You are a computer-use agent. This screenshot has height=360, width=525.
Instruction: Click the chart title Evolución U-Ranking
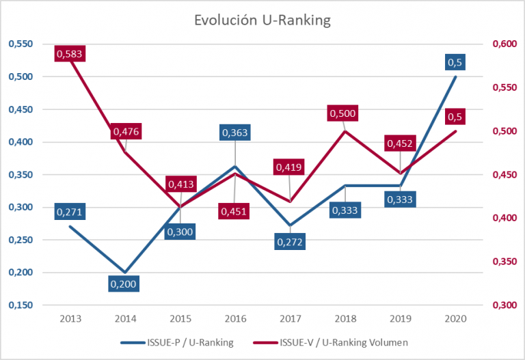point(262,20)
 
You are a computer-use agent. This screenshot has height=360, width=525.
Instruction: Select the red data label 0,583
point(70,53)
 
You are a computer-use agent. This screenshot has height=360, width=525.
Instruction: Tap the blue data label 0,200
point(125,283)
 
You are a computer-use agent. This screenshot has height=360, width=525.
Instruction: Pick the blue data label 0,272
point(291,241)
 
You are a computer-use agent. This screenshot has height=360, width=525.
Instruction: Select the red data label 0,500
point(343,113)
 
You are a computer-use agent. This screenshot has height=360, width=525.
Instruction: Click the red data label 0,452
point(399,144)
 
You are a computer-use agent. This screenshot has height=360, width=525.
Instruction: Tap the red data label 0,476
point(125,131)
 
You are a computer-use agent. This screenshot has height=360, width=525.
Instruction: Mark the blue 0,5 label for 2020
point(455,62)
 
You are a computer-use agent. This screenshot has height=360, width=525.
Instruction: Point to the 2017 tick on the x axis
point(290,318)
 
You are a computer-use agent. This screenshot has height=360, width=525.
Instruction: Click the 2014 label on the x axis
point(125,318)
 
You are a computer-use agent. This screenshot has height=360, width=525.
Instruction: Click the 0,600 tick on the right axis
point(505,44)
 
